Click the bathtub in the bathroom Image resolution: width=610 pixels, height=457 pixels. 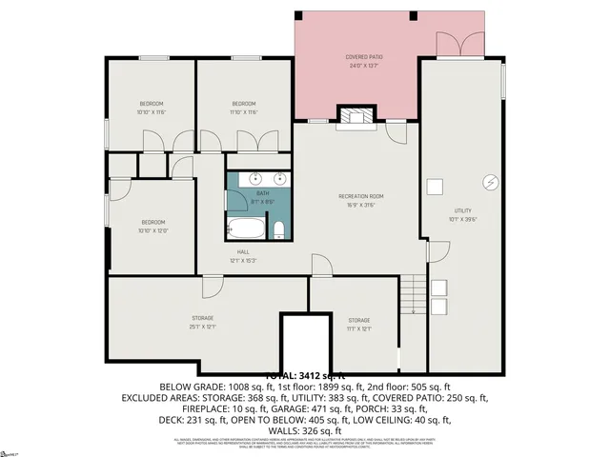point(246,228)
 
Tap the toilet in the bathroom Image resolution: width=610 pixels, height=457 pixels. point(278,229)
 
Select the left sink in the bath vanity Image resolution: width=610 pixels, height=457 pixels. point(255,178)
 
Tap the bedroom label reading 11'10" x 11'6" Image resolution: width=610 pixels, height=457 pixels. point(244,108)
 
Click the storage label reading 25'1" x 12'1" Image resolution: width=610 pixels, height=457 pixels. point(202,322)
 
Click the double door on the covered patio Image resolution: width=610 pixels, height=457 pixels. point(459,44)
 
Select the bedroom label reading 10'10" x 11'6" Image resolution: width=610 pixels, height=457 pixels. point(152,108)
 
